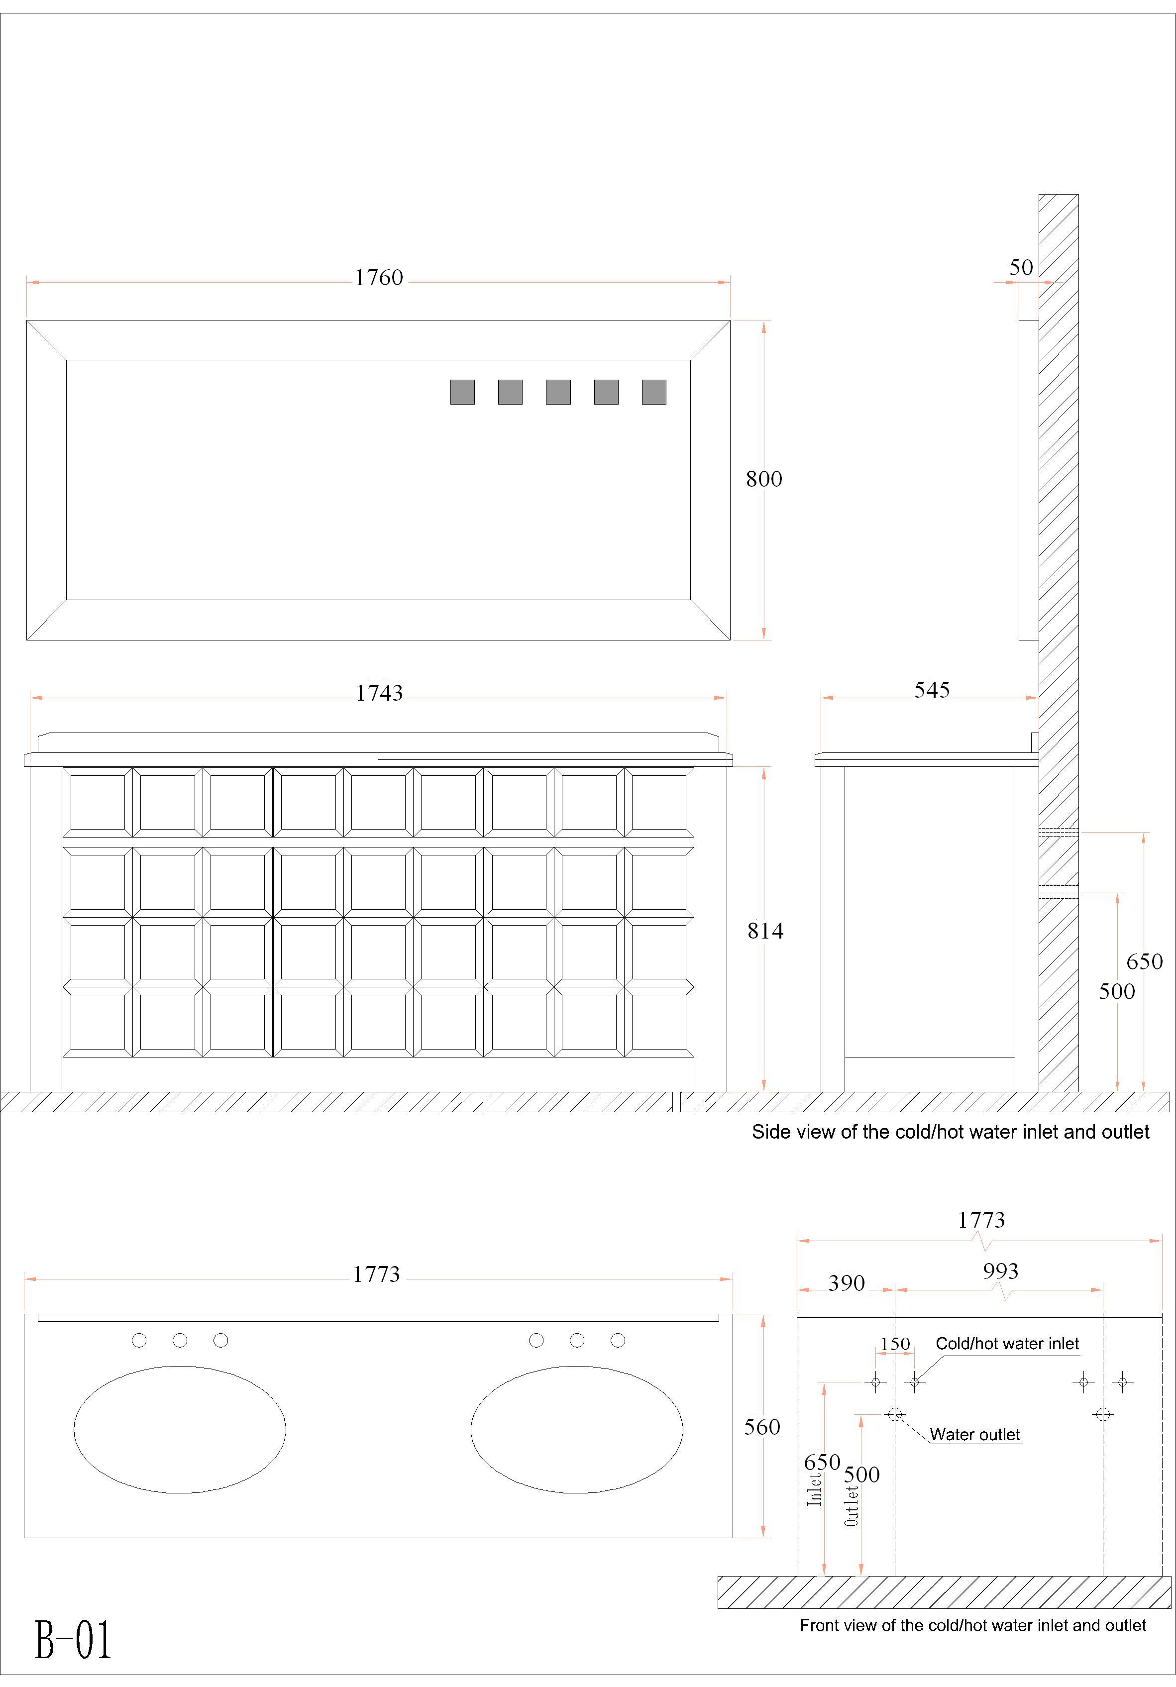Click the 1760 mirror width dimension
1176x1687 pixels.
tap(379, 278)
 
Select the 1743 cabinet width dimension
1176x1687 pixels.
tap(379, 693)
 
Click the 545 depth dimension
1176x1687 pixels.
tap(932, 690)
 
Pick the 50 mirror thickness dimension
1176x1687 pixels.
tap(1021, 267)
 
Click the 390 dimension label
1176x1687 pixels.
tap(846, 1283)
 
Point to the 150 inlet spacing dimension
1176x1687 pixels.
tap(895, 1344)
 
